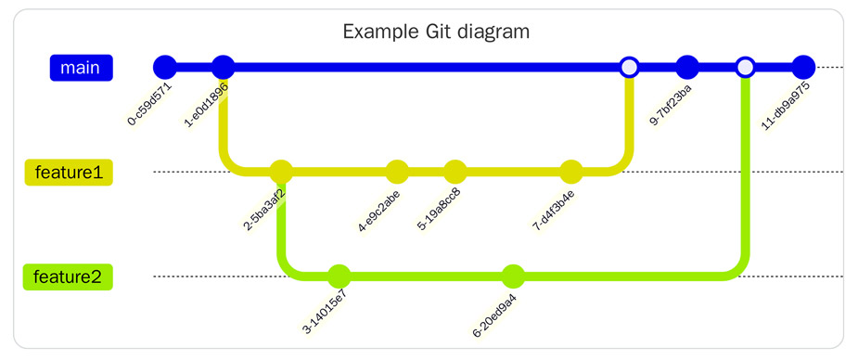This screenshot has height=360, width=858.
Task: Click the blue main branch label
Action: [x=82, y=68]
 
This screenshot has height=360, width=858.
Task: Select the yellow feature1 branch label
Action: [x=68, y=173]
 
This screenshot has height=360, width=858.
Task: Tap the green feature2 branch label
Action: [x=68, y=276]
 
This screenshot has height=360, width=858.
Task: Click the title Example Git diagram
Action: [x=435, y=32]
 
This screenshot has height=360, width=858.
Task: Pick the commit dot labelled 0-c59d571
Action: [x=164, y=68]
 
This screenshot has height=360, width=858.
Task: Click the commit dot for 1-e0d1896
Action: [x=223, y=68]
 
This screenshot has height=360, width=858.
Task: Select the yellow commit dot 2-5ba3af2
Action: [x=281, y=172]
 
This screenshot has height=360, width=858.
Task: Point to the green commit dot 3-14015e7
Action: [x=339, y=276]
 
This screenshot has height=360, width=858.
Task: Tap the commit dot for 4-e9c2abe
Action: [x=397, y=172]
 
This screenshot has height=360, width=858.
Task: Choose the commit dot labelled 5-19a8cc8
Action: [x=455, y=172]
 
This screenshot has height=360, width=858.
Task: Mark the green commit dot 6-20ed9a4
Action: [x=513, y=276]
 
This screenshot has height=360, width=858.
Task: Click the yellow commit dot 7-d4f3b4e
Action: [x=571, y=172]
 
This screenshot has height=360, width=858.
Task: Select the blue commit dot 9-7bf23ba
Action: [x=687, y=68]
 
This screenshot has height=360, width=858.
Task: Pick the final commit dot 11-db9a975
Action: [x=803, y=68]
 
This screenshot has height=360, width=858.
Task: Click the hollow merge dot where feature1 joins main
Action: [x=629, y=68]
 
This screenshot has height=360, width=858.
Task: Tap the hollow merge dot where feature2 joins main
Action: [x=745, y=68]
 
